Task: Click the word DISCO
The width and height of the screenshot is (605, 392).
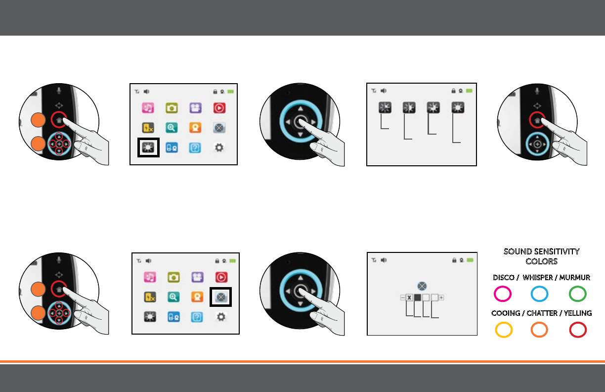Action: point(503,278)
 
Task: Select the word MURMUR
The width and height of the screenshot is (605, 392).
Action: point(575,278)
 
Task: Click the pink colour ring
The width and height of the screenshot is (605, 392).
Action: point(503,294)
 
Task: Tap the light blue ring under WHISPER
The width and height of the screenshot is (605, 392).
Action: point(539,294)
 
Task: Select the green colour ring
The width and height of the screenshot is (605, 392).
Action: point(578,294)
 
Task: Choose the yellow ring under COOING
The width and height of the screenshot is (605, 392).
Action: point(503,330)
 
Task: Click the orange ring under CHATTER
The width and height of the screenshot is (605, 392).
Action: point(539,330)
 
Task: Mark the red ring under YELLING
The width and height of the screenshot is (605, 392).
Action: point(578,330)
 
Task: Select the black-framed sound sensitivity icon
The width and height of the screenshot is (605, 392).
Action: point(221,296)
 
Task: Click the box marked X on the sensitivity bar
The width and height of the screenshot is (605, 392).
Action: point(409,298)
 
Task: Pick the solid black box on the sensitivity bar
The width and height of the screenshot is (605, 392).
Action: point(417,298)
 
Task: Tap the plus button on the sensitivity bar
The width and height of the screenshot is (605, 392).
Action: point(441,298)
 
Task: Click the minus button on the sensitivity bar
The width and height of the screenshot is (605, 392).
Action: point(402,298)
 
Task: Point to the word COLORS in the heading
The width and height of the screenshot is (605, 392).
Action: point(542,261)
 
